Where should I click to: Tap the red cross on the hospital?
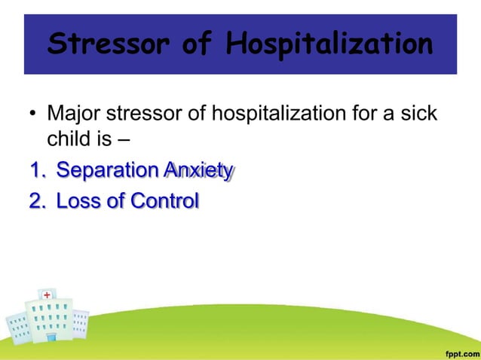coord(47,294)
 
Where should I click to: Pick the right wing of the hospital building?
coord(80,323)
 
